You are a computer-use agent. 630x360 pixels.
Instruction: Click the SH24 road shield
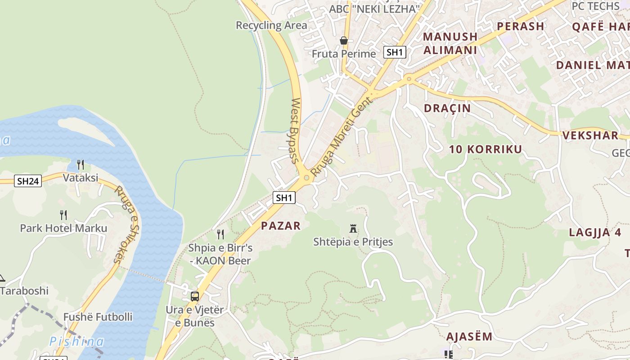pos(28,181)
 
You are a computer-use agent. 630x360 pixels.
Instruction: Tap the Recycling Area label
pos(271,25)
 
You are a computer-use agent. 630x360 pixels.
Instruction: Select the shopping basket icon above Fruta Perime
pos(344,41)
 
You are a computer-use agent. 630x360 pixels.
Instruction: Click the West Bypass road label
pos(295,130)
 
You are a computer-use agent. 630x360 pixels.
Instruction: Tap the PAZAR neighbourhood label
pos(280,225)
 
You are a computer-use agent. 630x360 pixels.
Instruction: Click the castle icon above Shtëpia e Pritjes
pos(353,229)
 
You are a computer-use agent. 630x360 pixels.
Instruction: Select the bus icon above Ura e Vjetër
pos(195,297)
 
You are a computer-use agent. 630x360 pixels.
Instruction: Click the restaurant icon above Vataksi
pos(81,165)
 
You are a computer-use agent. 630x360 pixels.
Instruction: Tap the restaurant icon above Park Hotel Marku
pos(63,215)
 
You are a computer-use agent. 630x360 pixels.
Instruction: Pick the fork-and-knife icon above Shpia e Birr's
pos(220,234)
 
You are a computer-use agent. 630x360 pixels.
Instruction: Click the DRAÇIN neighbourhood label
pos(447,108)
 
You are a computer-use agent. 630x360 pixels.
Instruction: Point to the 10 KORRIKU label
pos(486,149)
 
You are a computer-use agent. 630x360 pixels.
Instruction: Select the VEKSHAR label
pos(590,135)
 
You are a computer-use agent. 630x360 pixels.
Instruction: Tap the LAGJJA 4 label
pos(595,233)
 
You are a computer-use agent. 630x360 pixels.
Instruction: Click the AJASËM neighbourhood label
pos(469,337)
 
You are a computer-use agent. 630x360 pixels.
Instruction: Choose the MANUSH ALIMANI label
pos(450,43)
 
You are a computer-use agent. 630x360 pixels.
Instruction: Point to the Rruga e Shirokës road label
pos(127,225)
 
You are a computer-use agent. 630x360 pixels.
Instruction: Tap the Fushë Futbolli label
pos(98,317)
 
